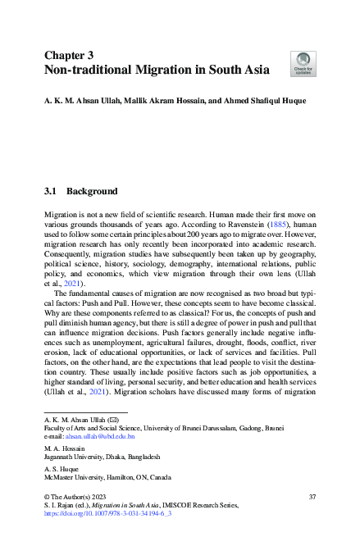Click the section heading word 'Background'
[92, 191]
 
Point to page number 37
[312, 497]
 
